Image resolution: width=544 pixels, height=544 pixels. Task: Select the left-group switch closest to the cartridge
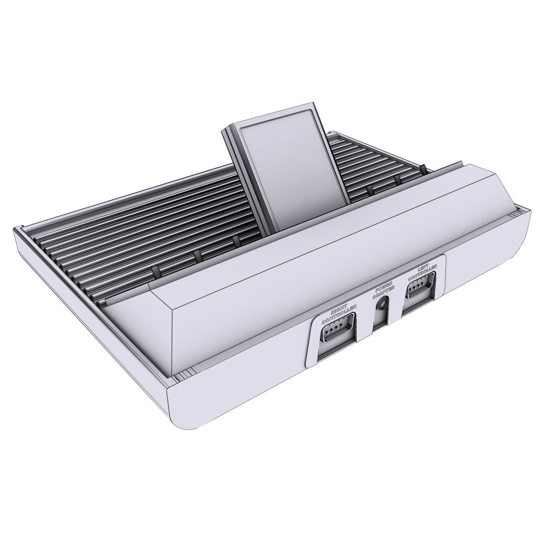(236, 240)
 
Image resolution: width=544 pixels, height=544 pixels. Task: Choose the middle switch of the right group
(398, 179)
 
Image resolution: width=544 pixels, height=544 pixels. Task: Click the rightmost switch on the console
(422, 169)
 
